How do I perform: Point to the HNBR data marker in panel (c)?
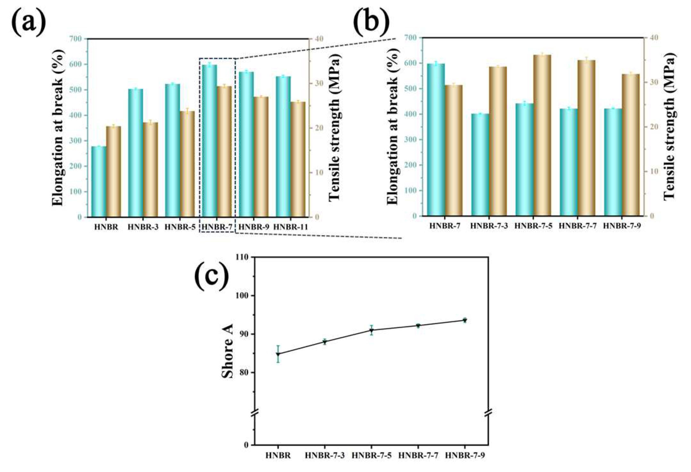click(x=278, y=354)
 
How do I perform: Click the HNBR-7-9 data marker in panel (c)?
click(x=465, y=320)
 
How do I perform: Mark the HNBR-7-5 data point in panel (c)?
click(x=372, y=330)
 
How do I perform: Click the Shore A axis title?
click(x=228, y=351)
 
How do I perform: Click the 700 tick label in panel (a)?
click(x=76, y=39)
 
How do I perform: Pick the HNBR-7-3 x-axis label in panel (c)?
click(x=325, y=455)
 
